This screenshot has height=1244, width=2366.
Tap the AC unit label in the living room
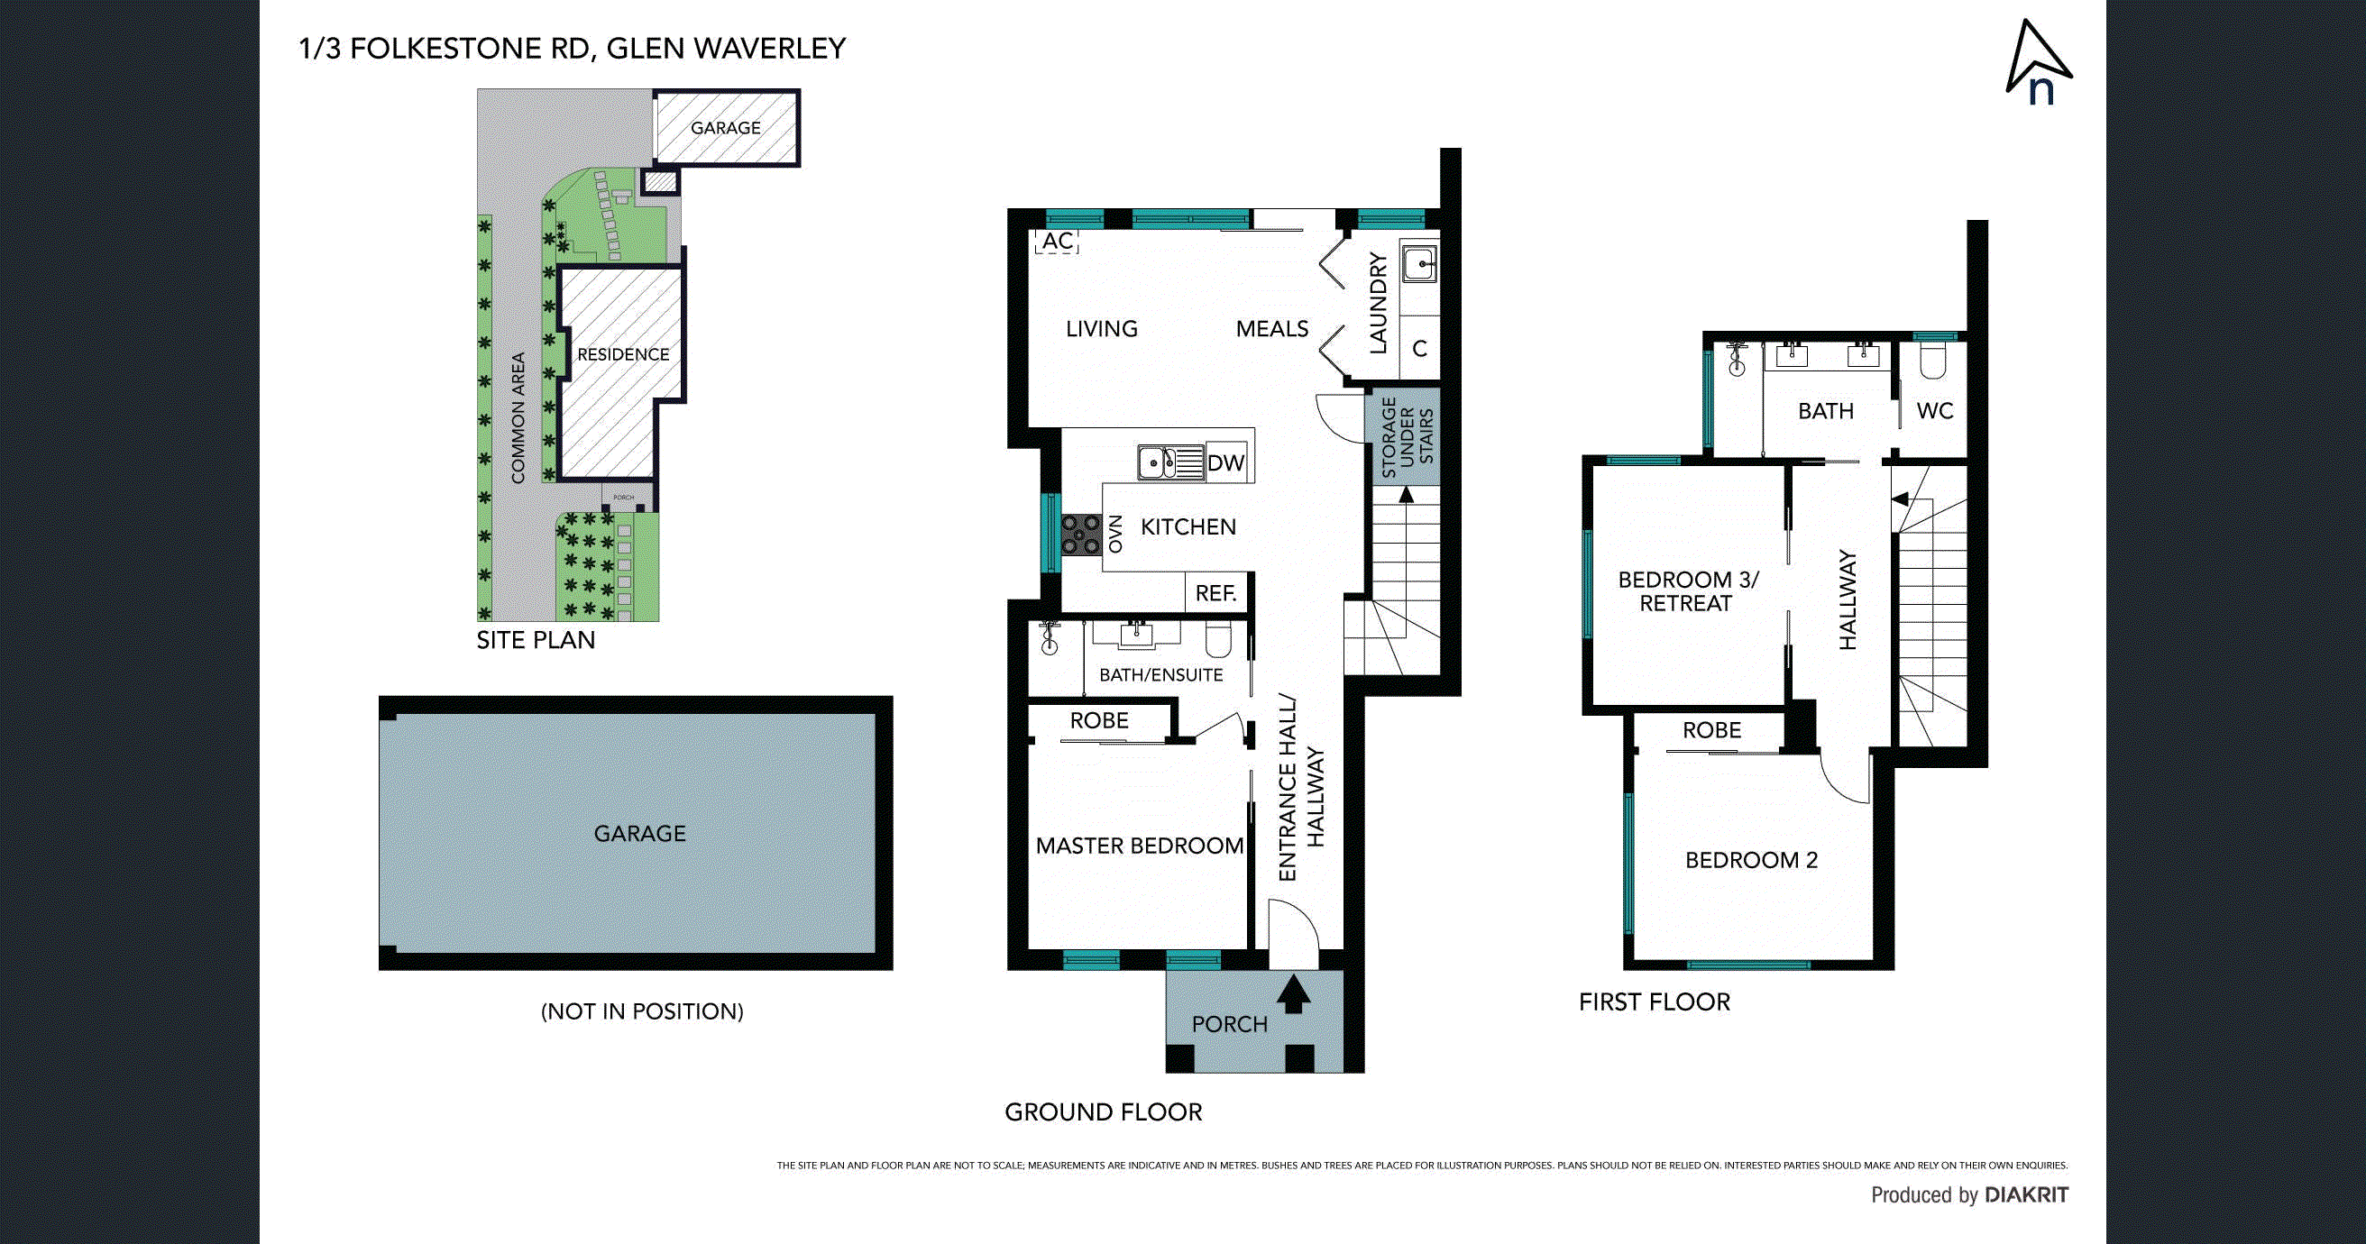click(1057, 242)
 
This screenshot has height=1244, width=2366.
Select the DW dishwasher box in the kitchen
click(1225, 463)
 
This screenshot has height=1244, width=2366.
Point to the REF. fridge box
click(1215, 594)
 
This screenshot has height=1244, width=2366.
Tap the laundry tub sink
click(1420, 264)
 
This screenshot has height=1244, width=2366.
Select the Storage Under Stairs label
click(1407, 437)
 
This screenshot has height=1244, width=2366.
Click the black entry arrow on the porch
click(1293, 994)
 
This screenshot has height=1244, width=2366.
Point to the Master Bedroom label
click(1139, 846)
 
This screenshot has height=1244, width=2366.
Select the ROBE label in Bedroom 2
click(1711, 730)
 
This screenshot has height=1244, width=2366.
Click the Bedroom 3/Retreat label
click(1687, 591)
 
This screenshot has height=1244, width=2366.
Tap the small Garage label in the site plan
click(725, 128)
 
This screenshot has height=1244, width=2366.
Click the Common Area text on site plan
click(518, 417)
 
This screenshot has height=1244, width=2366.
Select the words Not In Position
click(641, 1011)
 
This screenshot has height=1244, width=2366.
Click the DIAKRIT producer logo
click(2026, 1195)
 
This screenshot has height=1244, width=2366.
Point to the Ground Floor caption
click(1102, 1112)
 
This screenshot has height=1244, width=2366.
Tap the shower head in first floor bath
click(1735, 360)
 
